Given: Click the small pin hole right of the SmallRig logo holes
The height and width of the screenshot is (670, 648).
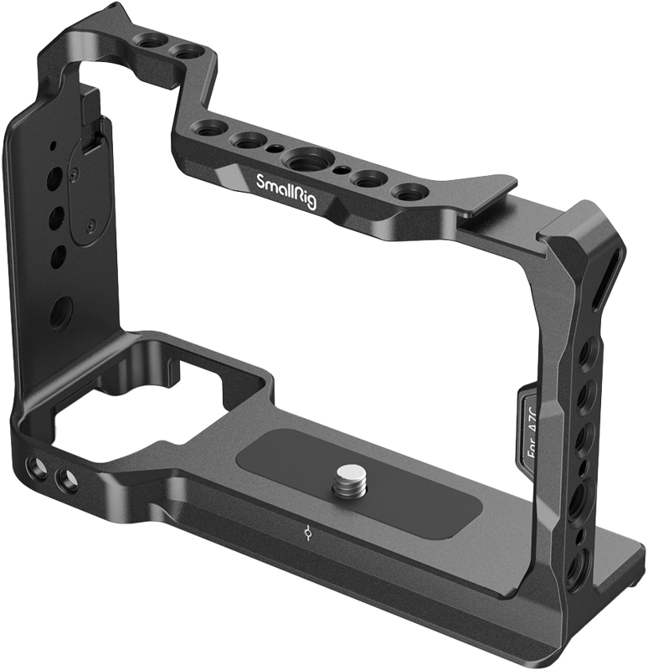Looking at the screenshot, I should pyautogui.click(x=339, y=168).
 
